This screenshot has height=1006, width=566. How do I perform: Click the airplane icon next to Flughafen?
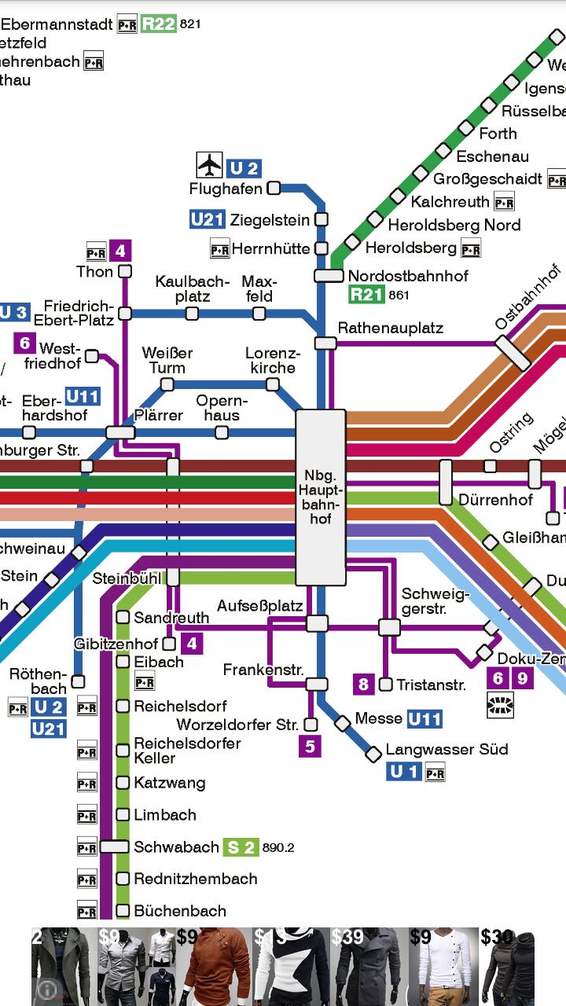pos(209,165)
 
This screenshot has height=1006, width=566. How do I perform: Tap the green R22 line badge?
pos(158,24)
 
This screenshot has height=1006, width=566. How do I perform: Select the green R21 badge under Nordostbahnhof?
pos(366,296)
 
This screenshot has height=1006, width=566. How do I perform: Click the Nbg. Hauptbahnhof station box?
pos(321,497)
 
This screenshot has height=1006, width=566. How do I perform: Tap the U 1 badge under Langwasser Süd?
pos(404,772)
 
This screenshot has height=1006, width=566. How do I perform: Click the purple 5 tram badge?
pos(310,746)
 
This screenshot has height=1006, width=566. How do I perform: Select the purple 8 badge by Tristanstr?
pos(363,684)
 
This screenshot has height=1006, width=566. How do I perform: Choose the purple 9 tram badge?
pos(523,677)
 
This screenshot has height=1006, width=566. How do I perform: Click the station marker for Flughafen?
pos(274,188)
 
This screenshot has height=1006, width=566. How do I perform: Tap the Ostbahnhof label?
pos(527,299)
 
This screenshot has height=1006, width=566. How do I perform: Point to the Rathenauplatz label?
pos(391,328)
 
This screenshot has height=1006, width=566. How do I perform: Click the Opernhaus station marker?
pos(222,432)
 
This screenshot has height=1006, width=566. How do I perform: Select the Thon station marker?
pos(124,271)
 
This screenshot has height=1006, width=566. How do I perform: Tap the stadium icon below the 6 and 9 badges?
pos(500,705)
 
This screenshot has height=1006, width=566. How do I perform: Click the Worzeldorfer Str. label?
pos(237,725)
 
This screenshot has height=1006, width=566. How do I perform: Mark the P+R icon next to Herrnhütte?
pos(219,250)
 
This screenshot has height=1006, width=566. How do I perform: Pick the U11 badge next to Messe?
pos(424,718)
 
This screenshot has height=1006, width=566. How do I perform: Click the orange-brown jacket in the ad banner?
pos(212,965)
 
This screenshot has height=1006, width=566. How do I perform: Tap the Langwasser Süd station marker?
pos(373,755)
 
